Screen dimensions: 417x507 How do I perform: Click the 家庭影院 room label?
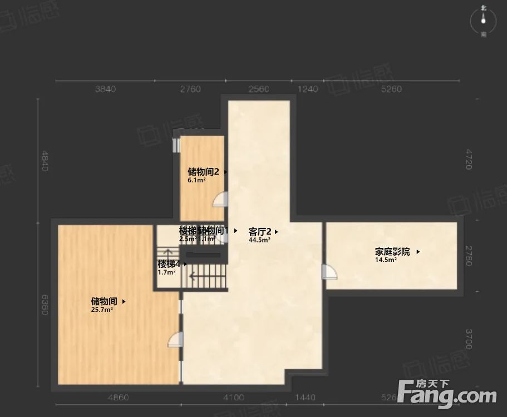(x=392, y=252)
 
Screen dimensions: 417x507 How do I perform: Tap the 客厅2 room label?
(x=260, y=231)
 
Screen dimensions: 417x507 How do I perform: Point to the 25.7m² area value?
(x=102, y=310)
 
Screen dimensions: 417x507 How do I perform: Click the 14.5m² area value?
(x=386, y=260)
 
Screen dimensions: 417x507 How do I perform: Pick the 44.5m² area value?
(x=259, y=240)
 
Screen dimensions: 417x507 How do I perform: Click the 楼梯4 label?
(x=169, y=264)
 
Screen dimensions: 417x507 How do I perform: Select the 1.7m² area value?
(x=167, y=272)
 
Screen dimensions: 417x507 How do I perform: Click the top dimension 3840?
(x=105, y=90)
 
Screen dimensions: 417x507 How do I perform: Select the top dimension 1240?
(x=308, y=90)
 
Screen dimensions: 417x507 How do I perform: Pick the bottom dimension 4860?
(x=118, y=398)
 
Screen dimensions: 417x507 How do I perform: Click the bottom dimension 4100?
(x=234, y=398)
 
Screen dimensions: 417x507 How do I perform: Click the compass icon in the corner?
(x=484, y=21)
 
